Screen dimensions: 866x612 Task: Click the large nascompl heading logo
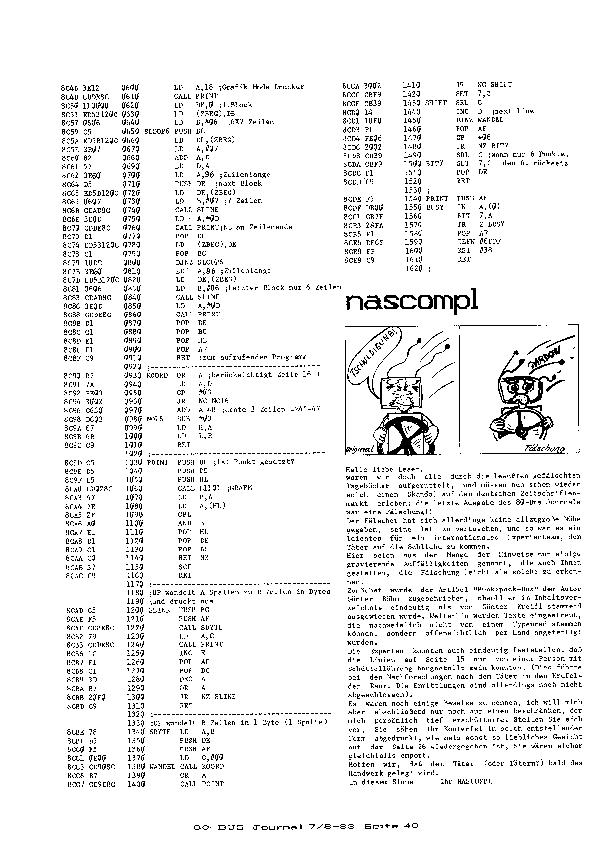point(412,301)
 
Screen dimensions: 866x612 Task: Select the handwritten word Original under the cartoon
point(360,449)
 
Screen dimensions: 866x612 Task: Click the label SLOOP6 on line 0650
point(156,131)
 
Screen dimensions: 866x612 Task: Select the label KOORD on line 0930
point(157,375)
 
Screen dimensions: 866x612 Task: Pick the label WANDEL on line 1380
point(161,766)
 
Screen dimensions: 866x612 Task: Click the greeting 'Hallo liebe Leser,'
point(384,469)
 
